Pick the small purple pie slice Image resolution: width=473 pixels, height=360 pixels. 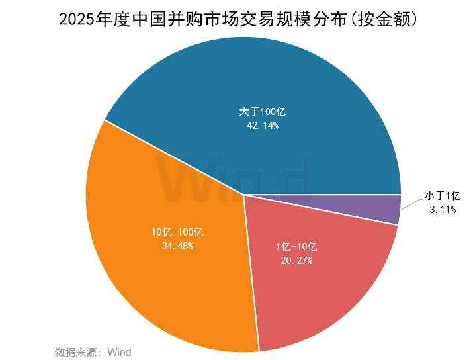[390, 208]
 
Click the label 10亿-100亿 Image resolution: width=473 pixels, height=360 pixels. [177, 232]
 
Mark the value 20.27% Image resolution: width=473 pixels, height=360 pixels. [296, 261]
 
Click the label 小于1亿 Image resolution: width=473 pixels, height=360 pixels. [442, 195]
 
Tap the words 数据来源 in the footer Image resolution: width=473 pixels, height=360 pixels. [73, 351]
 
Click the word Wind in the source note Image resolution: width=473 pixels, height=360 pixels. [119, 351]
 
